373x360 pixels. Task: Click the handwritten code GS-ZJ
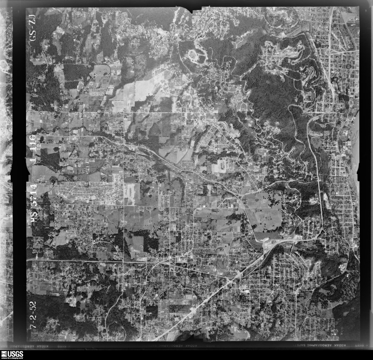[x=33, y=30]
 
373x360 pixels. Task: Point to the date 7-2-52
[x=33, y=315]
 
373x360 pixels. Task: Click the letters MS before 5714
[x=34, y=218]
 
